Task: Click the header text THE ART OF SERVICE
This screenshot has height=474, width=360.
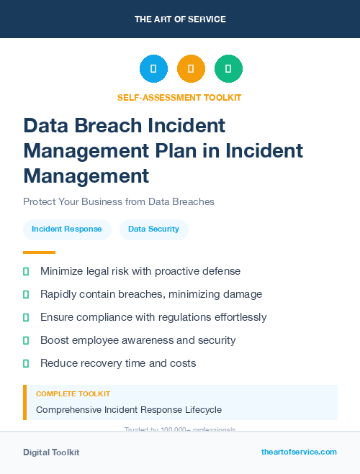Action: pyautogui.click(x=180, y=19)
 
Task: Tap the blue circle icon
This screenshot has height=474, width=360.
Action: pyautogui.click(x=153, y=68)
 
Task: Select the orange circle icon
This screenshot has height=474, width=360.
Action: pyautogui.click(x=191, y=68)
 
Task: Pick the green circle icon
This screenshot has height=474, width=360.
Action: pyautogui.click(x=228, y=68)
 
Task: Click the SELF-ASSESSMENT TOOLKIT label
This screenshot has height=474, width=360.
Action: pyautogui.click(x=179, y=97)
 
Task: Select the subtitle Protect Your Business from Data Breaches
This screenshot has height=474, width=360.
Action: pyautogui.click(x=119, y=201)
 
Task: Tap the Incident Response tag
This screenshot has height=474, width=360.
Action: pyautogui.click(x=67, y=229)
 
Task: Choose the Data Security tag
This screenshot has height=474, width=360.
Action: pyautogui.click(x=153, y=229)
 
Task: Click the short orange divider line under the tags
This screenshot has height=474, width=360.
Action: pyautogui.click(x=39, y=252)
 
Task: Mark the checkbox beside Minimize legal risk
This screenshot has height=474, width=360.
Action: pyautogui.click(x=26, y=271)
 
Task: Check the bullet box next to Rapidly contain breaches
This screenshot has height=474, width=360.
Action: pyautogui.click(x=26, y=294)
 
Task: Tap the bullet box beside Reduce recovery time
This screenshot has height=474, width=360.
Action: pyautogui.click(x=26, y=363)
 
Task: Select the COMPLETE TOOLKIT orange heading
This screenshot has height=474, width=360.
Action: pyautogui.click(x=73, y=394)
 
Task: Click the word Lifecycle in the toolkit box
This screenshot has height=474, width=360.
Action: pyautogui.click(x=202, y=410)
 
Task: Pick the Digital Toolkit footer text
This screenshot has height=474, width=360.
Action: pyautogui.click(x=51, y=452)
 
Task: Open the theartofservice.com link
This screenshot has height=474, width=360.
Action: pyautogui.click(x=299, y=452)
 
